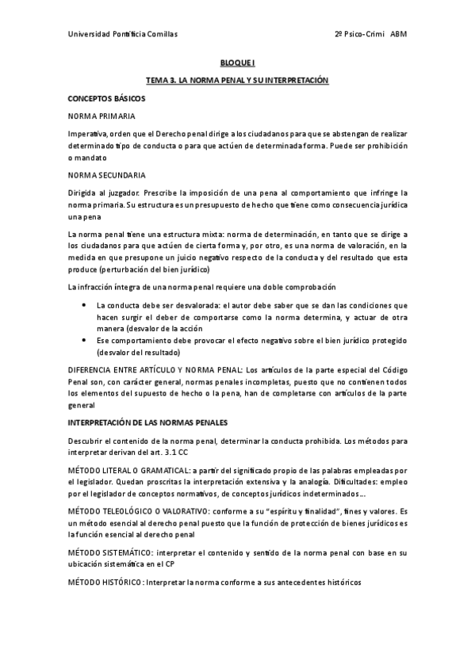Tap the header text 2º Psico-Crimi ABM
point(371,34)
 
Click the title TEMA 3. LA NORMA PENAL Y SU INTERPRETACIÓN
point(237,81)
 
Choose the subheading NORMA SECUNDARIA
point(106,174)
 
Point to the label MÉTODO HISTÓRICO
point(105,582)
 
